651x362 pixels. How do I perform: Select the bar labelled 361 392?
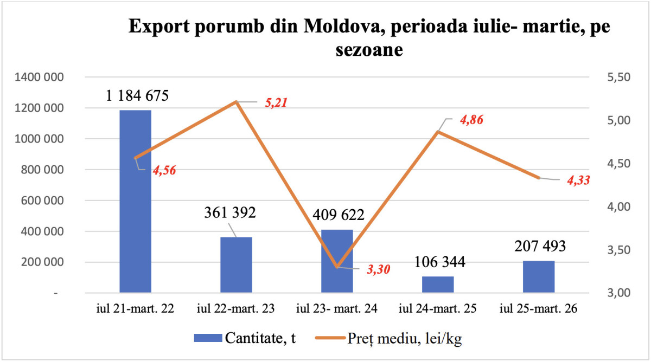[236, 265]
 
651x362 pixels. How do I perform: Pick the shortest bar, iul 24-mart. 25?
[438, 285]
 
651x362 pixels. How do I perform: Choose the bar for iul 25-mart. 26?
[539, 277]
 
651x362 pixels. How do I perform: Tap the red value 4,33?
[578, 180]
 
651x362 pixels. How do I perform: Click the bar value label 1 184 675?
[137, 96]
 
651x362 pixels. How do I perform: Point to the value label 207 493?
[540, 246]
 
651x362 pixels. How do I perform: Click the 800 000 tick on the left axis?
[41, 170]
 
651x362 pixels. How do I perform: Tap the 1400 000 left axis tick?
[38, 77]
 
